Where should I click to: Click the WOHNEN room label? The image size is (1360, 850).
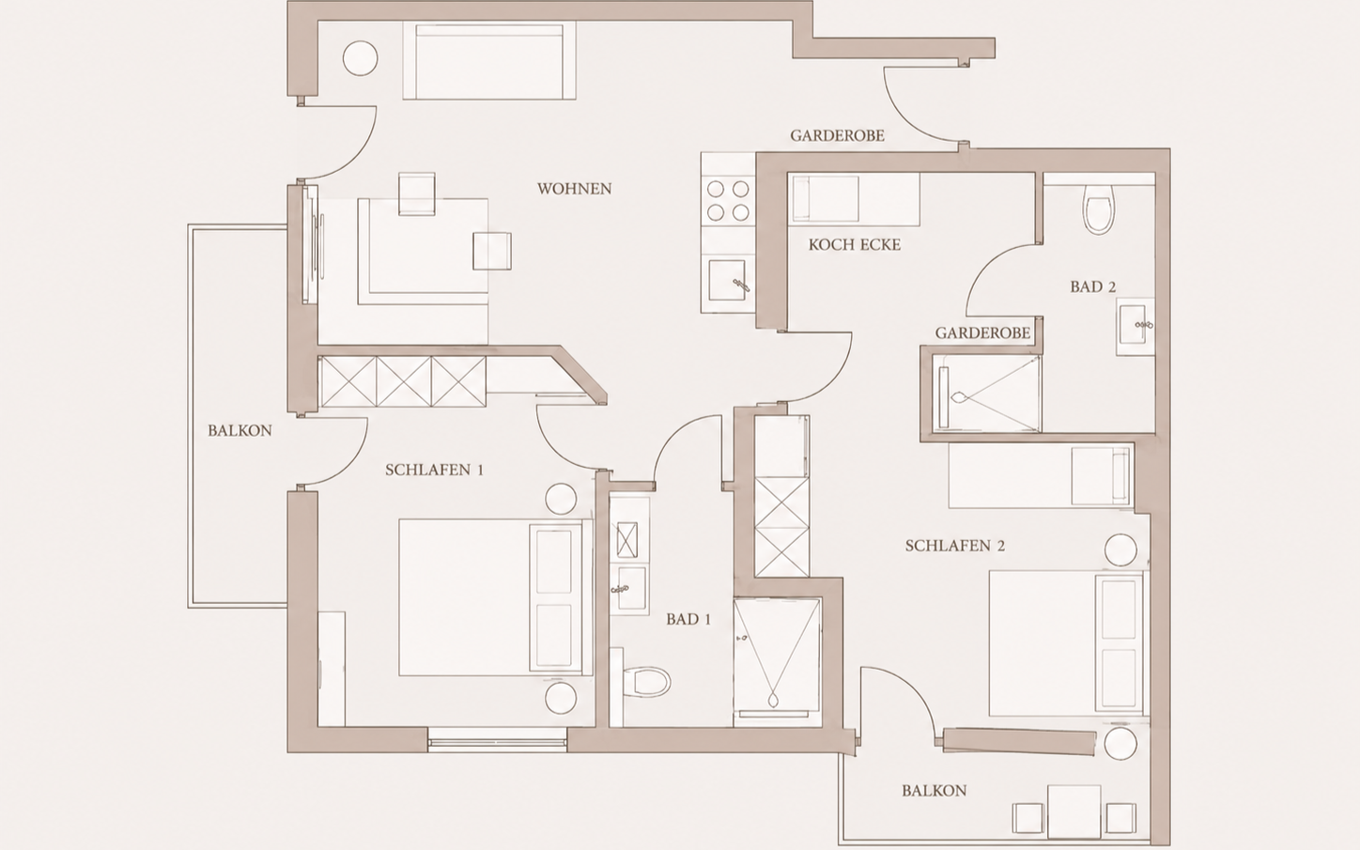coord(574,189)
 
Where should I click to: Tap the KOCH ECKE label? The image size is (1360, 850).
coord(855,245)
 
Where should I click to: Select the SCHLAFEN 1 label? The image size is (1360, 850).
coord(434,470)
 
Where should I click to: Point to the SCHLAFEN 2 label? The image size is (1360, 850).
coord(954,546)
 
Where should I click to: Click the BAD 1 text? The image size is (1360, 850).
coord(688,619)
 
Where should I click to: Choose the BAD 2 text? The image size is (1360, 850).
coord(1093,286)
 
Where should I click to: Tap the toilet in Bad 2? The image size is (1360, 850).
coord(1099,209)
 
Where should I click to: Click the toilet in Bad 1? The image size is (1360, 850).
coord(646,681)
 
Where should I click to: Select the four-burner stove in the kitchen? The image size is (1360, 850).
coord(728,201)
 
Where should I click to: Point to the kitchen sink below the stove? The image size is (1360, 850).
coord(727,280)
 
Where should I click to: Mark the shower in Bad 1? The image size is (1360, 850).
coord(777,662)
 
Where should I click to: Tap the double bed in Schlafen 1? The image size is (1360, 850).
coord(495,597)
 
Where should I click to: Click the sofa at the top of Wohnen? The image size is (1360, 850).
coord(489,61)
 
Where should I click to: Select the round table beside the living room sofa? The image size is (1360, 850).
coord(360,58)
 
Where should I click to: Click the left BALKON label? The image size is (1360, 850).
coord(240,430)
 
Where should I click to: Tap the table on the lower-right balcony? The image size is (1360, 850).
coord(1074,811)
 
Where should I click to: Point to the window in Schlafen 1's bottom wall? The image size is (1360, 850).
coord(497,741)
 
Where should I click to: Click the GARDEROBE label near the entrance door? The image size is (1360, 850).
coord(837,135)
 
